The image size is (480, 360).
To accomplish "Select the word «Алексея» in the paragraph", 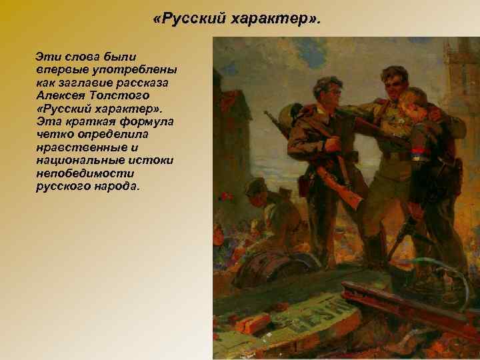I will pos(63,95).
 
